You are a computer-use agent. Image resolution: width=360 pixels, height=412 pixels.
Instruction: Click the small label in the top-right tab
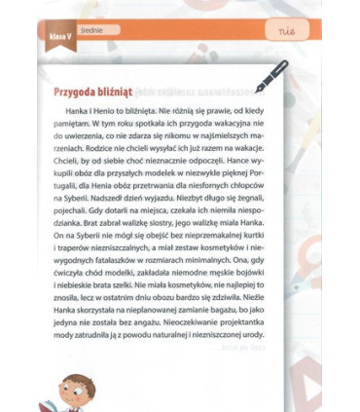tap(285, 32)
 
